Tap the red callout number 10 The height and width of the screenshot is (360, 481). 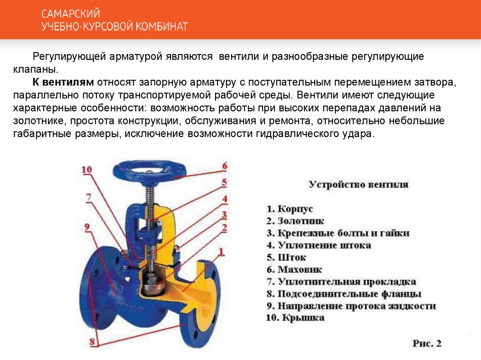[87, 170]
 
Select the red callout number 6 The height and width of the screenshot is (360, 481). [224, 166]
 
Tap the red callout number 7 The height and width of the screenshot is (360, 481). [88, 197]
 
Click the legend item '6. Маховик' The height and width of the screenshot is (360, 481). [294, 270]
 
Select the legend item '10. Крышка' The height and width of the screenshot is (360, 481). [295, 318]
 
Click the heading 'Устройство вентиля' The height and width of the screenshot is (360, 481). [358, 184]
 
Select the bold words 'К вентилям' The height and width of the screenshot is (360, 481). [63, 83]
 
